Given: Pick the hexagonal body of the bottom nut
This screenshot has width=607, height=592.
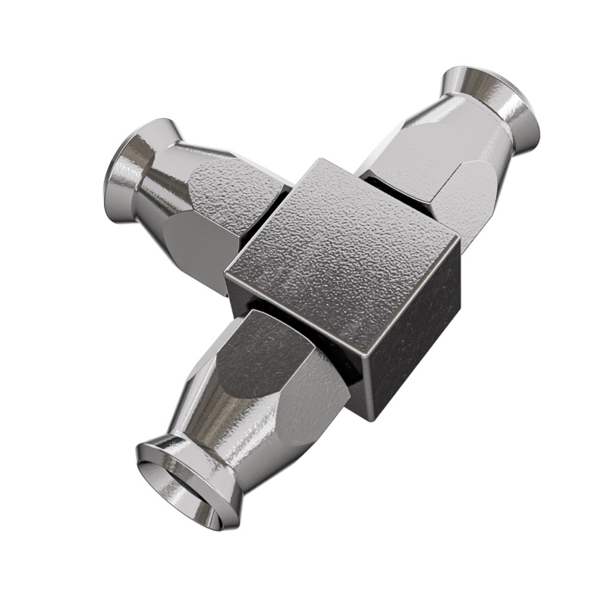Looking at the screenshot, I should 281,371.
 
